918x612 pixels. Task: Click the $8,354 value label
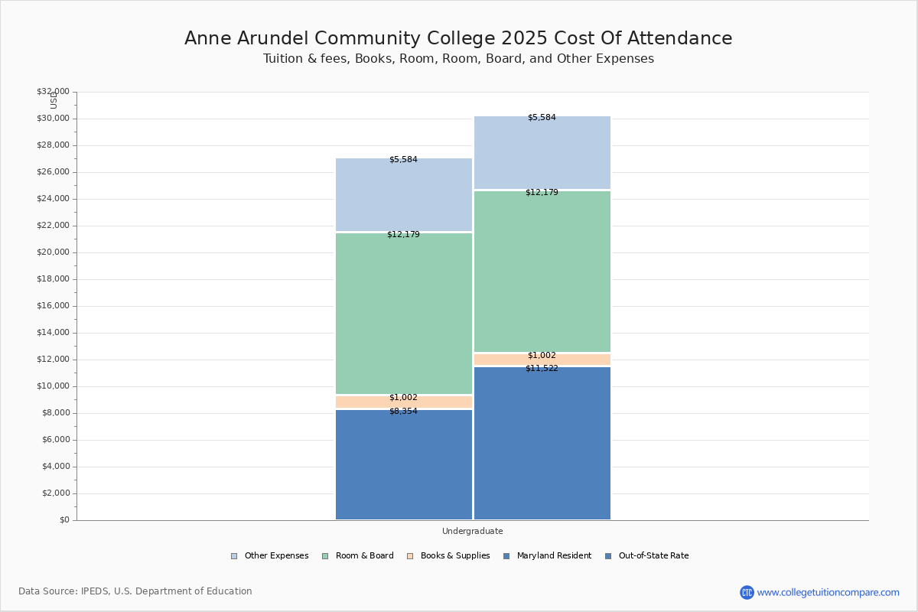pyautogui.click(x=403, y=412)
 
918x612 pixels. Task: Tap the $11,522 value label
pyautogui.click(x=542, y=369)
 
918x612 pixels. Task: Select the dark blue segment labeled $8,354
pyautogui.click(x=404, y=467)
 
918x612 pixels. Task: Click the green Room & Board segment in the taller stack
pyautogui.click(x=542, y=272)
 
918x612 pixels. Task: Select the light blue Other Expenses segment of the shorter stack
pyautogui.click(x=404, y=195)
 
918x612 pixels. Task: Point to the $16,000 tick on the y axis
pyautogui.click(x=53, y=306)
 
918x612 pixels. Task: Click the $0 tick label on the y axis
pyautogui.click(x=63, y=520)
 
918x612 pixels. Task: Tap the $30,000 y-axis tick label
pyautogui.click(x=53, y=119)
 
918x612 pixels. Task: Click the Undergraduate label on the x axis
pyautogui.click(x=472, y=531)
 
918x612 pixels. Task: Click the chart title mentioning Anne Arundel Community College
pyautogui.click(x=458, y=39)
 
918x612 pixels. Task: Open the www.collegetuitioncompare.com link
pyautogui.click(x=828, y=592)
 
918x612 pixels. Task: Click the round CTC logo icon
pyautogui.click(x=747, y=592)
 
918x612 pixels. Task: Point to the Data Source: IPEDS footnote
pyautogui.click(x=135, y=591)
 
